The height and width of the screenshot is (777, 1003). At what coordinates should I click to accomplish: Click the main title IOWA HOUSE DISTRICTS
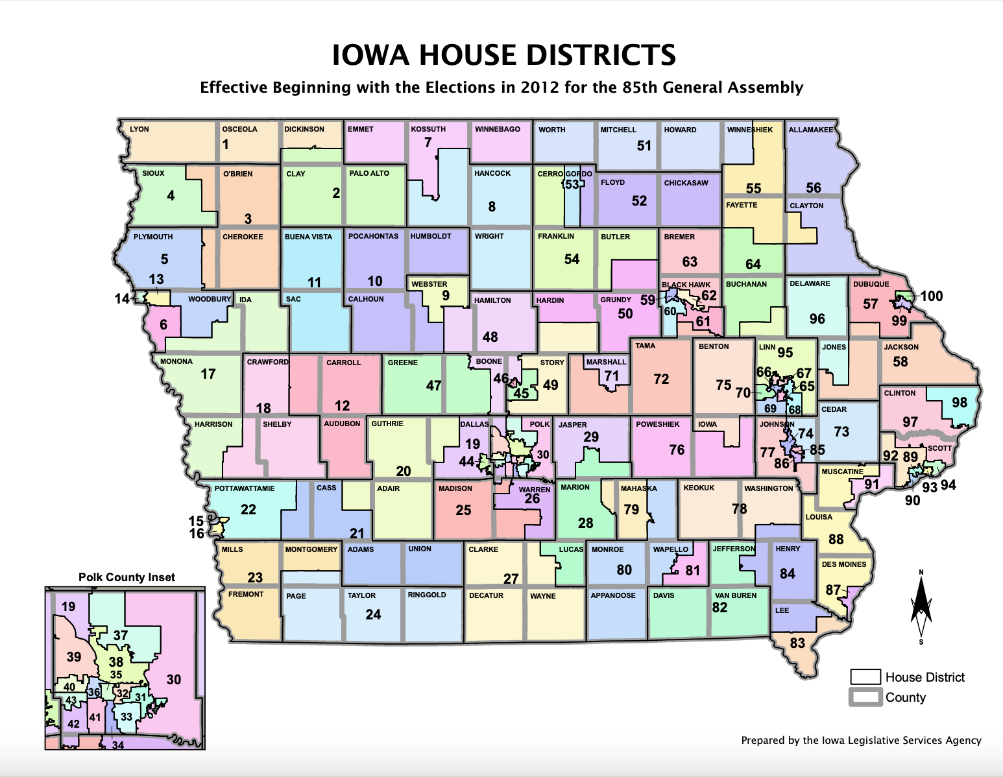pos(503,55)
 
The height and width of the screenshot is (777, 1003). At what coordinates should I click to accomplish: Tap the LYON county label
pos(139,129)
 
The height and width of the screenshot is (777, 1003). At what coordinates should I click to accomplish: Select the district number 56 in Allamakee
pos(813,187)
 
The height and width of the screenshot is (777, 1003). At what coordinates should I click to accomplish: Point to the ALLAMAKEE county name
pos(810,130)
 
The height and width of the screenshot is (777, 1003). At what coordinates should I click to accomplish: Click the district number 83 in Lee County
pos(797,643)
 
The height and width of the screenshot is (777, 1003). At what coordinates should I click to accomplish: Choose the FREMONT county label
pos(246,594)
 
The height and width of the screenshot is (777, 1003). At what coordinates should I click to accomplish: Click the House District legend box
pos(865,677)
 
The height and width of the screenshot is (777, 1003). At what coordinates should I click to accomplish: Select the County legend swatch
pos(865,697)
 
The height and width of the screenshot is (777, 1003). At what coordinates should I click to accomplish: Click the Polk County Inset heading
pos(127,577)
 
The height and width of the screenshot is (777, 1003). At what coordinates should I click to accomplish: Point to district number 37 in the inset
pos(121,635)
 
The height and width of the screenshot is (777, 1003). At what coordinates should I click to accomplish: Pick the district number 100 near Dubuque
pos(931,296)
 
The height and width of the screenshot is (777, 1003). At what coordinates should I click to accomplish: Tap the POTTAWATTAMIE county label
pos(245,488)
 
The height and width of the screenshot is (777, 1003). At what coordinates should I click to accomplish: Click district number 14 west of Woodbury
pos(122,299)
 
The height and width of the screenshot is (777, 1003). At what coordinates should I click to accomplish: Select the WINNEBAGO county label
pos(497,129)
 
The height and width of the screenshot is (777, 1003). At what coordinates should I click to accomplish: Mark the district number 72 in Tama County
pos(661,379)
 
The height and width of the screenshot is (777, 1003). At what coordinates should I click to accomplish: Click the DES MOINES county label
pos(843,564)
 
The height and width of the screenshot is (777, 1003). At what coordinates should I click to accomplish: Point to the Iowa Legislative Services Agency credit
pos(861,740)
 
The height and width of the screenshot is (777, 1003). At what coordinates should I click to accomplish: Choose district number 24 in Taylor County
pos(373,614)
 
